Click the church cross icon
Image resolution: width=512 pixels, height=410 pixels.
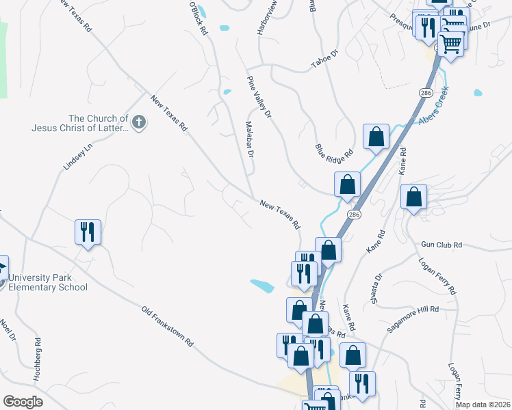coord(139,122)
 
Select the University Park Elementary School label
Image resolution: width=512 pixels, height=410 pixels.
coord(48,282)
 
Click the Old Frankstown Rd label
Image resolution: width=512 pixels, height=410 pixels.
coord(168,325)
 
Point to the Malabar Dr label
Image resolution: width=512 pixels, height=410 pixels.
coord(250,140)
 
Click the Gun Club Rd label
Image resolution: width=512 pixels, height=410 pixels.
coord(441,245)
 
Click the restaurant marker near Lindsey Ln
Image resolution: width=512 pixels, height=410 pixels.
coord(88,232)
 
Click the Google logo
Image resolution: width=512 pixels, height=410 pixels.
coord(23,402)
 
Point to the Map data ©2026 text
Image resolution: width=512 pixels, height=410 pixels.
coord(483,405)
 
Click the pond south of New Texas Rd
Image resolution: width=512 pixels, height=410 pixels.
coord(262,284)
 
